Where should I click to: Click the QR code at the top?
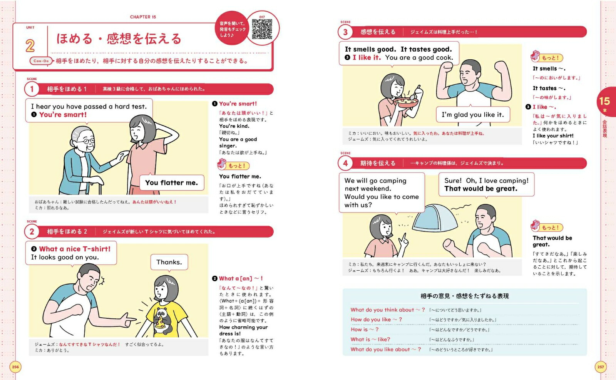(x=262, y=29)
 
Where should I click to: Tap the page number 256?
(x=15, y=367)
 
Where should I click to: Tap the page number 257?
(x=601, y=367)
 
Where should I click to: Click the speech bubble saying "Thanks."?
(x=169, y=262)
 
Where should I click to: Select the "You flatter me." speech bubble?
(x=172, y=182)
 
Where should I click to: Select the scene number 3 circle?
(x=345, y=32)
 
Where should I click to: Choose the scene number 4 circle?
(x=345, y=163)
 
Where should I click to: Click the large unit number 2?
(x=30, y=46)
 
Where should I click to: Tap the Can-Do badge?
(x=41, y=61)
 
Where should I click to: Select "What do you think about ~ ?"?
(x=388, y=310)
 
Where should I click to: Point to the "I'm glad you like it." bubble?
(x=473, y=114)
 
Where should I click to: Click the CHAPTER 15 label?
(x=143, y=17)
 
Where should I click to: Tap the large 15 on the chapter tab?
(x=604, y=101)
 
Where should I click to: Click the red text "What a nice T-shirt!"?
(x=75, y=249)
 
